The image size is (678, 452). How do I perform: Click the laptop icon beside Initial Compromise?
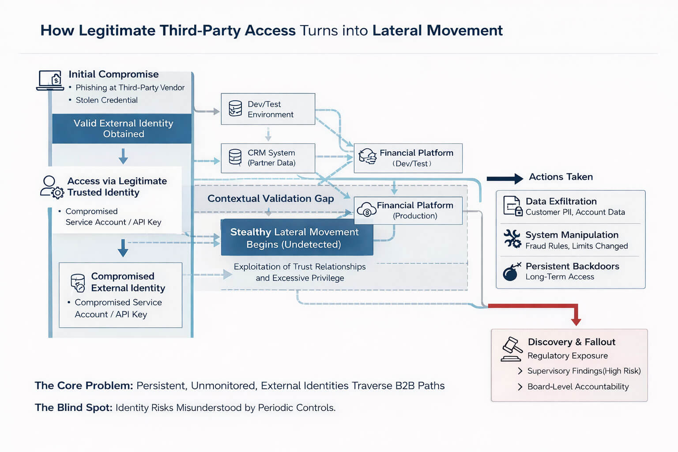(x=50, y=80)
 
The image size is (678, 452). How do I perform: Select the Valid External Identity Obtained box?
(x=122, y=128)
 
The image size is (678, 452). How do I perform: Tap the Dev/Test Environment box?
(x=268, y=109)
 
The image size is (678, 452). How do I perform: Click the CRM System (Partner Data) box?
(x=268, y=158)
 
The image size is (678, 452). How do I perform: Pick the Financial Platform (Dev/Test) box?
(x=408, y=158)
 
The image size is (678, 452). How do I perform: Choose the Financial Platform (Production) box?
(x=408, y=211)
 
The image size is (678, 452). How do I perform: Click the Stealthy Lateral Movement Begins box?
(x=297, y=238)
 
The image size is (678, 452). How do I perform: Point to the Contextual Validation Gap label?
(x=271, y=199)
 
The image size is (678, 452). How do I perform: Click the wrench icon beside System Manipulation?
(x=512, y=239)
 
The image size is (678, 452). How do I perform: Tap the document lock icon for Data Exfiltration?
(x=512, y=206)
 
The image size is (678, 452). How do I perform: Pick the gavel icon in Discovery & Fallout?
(x=512, y=349)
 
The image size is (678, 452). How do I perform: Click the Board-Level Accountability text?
(x=578, y=387)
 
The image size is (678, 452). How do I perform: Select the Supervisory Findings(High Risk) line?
(x=584, y=371)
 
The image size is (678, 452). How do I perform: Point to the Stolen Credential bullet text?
(x=106, y=100)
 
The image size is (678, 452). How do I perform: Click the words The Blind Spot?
(x=73, y=407)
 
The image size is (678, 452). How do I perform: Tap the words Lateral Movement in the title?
(x=437, y=30)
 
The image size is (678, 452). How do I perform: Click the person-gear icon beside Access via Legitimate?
(x=52, y=187)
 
